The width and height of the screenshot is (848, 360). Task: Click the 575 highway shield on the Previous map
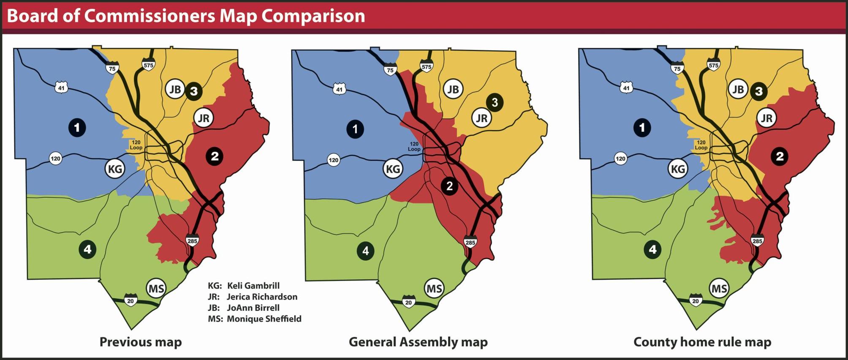[x=148, y=65]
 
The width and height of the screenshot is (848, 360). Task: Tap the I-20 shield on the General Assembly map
[x=408, y=302]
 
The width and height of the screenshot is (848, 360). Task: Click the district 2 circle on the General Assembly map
[x=449, y=186]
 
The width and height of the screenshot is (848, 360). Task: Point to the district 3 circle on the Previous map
[x=193, y=91]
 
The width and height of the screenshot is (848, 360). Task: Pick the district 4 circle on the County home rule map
[x=652, y=249]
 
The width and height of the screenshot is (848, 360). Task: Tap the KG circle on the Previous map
[x=115, y=169]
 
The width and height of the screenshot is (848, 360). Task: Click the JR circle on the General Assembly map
[x=482, y=118]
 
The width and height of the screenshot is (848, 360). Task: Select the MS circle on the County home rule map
[x=719, y=289]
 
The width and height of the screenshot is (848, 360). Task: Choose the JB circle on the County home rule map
[x=738, y=90]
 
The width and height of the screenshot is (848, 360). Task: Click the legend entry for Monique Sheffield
[x=255, y=319]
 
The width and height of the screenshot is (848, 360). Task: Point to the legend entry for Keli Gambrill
[x=244, y=286]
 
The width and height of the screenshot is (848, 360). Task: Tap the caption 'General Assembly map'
[x=418, y=342]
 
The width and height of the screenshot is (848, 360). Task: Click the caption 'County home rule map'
[x=702, y=342]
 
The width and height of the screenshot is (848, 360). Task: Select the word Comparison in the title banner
[x=313, y=16]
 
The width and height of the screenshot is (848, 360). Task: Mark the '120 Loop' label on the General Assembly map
[x=414, y=146]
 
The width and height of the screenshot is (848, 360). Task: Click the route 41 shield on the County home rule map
[x=626, y=88]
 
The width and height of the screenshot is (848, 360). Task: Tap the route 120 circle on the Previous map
[x=55, y=158]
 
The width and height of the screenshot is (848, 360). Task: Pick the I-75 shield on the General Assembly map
[x=390, y=70]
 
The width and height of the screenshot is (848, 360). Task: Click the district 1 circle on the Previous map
[x=77, y=127]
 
